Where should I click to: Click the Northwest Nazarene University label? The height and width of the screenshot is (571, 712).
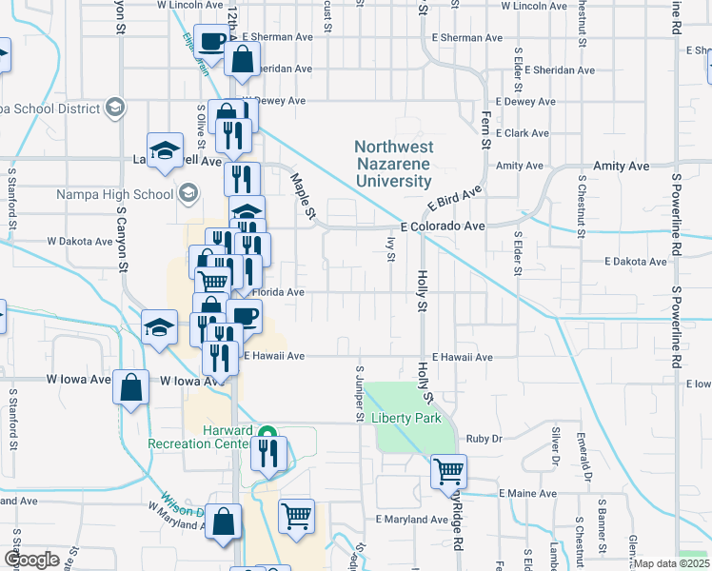[394, 164]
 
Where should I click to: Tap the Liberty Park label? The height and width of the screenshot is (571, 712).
[409, 418]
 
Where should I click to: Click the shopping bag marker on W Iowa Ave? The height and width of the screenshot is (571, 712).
[131, 387]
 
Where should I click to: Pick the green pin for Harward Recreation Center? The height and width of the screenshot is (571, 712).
[267, 431]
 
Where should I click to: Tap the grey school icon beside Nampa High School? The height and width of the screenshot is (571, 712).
[188, 194]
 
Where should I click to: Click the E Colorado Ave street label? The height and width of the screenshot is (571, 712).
[443, 227]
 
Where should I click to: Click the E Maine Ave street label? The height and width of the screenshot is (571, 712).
[527, 494]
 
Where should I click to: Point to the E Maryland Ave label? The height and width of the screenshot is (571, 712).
[411, 520]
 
